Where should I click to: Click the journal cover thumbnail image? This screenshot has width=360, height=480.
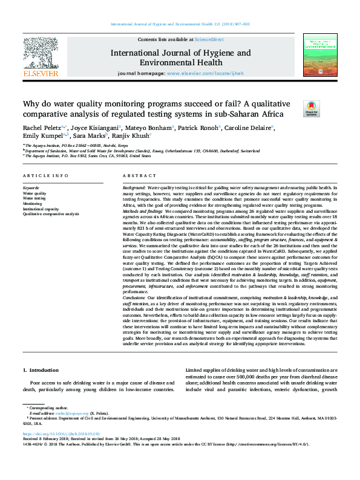(319, 54)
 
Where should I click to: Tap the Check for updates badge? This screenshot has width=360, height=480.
(311, 109)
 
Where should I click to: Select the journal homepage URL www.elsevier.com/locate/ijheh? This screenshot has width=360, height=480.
(200, 73)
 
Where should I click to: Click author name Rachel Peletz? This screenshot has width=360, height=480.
(41, 128)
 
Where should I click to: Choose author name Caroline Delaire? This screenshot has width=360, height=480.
(252, 128)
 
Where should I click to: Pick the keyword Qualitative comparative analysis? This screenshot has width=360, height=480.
(51, 214)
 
